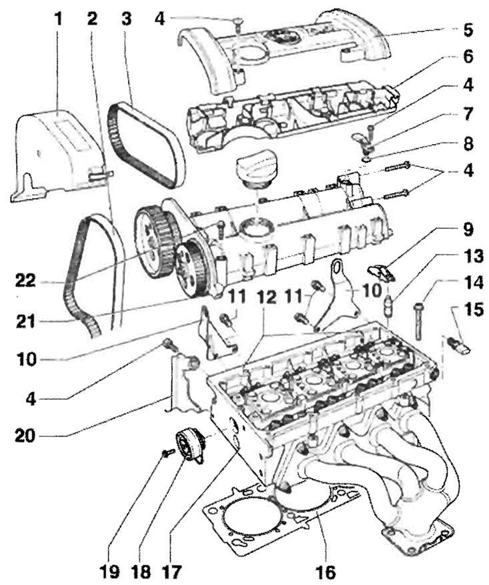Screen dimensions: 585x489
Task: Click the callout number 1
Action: point(58,18)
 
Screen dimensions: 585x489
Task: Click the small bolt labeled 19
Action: point(167,453)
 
